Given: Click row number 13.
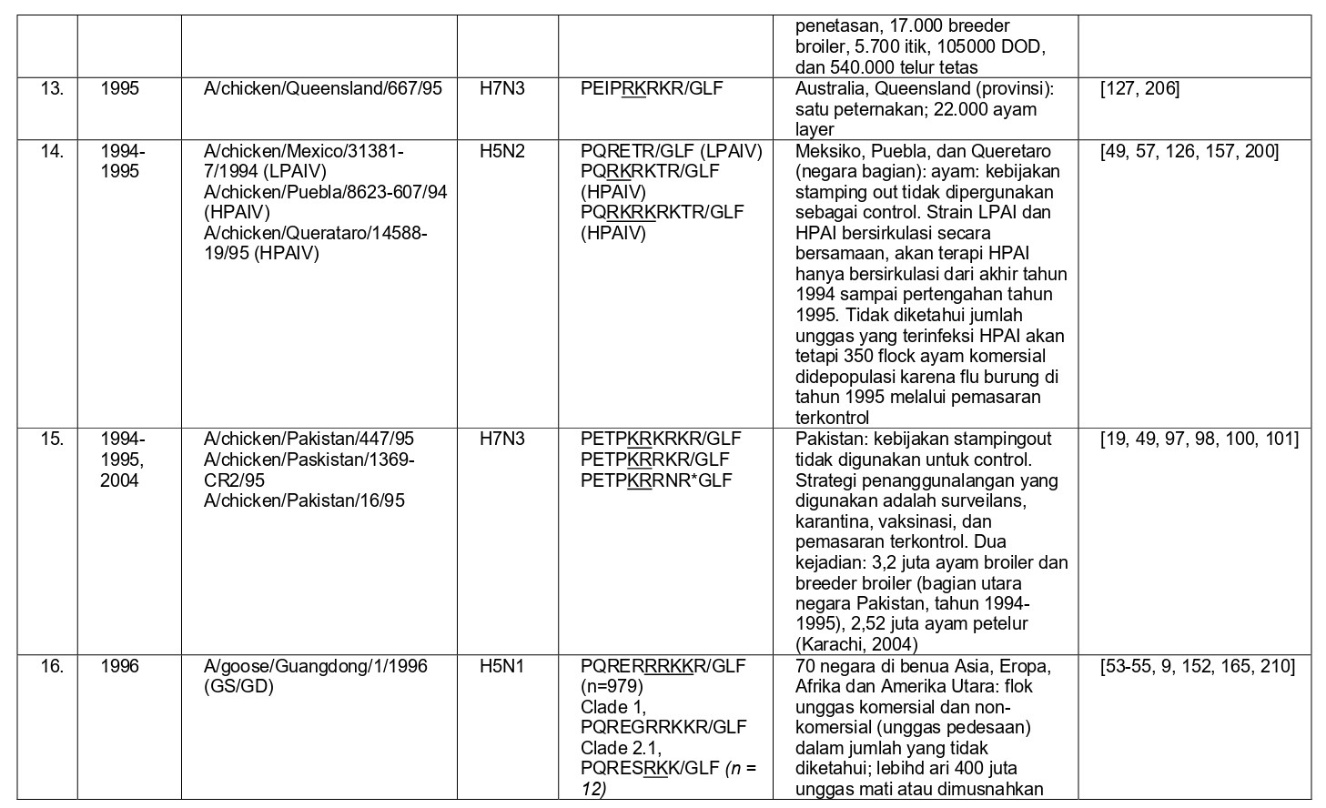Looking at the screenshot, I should [x=52, y=88].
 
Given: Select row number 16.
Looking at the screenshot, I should [x=52, y=666].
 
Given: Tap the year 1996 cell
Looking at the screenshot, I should [x=119, y=666].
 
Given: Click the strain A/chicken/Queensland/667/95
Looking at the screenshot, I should [x=323, y=88].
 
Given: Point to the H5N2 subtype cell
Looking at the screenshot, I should [x=502, y=151].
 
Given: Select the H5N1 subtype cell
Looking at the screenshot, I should [x=502, y=666].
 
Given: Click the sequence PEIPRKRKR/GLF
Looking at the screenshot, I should [x=652, y=88].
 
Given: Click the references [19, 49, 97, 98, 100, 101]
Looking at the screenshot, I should [x=1199, y=439].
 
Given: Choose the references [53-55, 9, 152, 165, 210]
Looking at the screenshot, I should [x=1197, y=666].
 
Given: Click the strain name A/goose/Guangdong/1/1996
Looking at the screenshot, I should [x=315, y=666].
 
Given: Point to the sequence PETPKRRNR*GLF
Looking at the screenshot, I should [x=656, y=480].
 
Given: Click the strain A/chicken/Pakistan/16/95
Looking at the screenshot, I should [x=304, y=500].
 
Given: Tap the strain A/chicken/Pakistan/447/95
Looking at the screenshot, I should [x=309, y=439].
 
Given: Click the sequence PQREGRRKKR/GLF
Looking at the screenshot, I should [x=663, y=727].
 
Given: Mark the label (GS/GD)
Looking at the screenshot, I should [x=238, y=686].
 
